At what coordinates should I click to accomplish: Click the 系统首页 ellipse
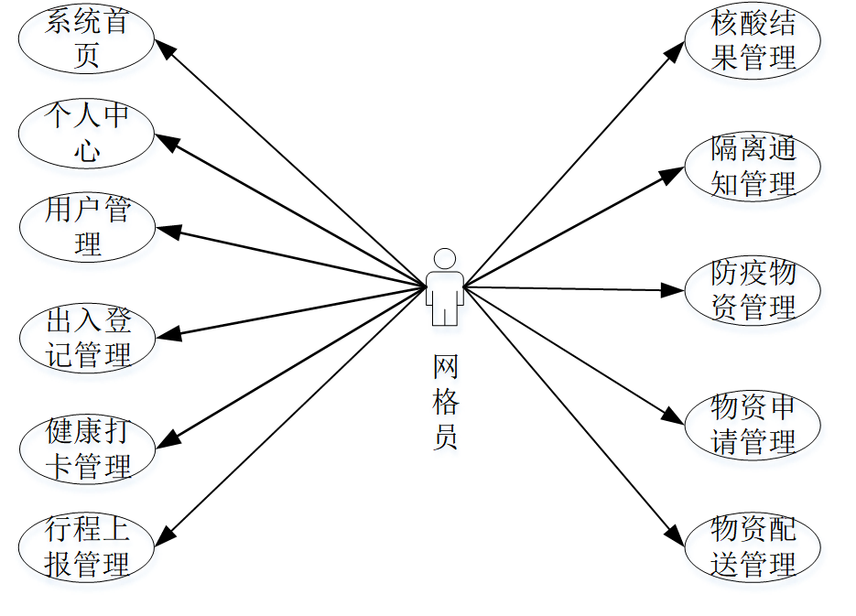[x=87, y=39]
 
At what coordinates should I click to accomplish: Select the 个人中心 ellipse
[x=87, y=134]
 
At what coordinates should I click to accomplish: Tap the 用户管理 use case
[x=87, y=227]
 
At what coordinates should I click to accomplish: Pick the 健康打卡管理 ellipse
[x=87, y=448]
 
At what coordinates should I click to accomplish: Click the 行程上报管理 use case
[x=87, y=547]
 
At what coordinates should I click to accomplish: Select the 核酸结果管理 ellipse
[x=753, y=41]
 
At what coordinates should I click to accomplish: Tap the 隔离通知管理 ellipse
[x=753, y=166]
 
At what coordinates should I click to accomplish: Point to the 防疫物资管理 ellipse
[x=753, y=290]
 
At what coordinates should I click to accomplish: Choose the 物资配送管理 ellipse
[x=753, y=547]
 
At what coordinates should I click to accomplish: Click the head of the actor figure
[x=445, y=257]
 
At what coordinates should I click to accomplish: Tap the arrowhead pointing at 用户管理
[x=165, y=231]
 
